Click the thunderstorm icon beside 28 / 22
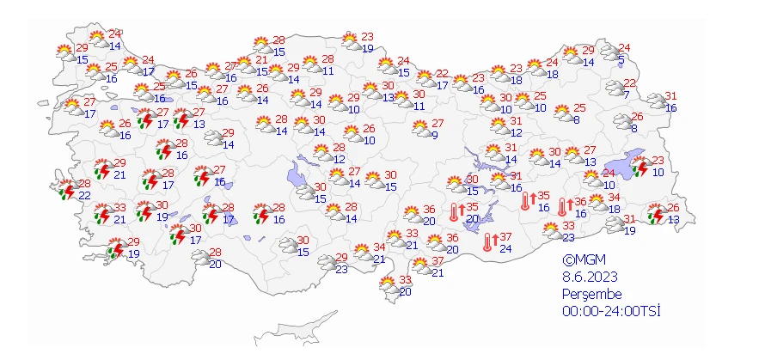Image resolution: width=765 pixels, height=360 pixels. tap(65, 190)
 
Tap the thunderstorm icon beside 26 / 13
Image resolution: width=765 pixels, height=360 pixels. tap(655, 212)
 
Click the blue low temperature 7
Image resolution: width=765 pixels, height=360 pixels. tap(627, 95)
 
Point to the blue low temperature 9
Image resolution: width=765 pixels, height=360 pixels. tap(435, 135)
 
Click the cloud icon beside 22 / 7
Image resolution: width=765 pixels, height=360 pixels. tap(614, 88)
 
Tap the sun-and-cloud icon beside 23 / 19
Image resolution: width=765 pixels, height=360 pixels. tap(350, 40)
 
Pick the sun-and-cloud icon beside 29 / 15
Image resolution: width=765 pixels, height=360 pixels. tap(64, 52)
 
